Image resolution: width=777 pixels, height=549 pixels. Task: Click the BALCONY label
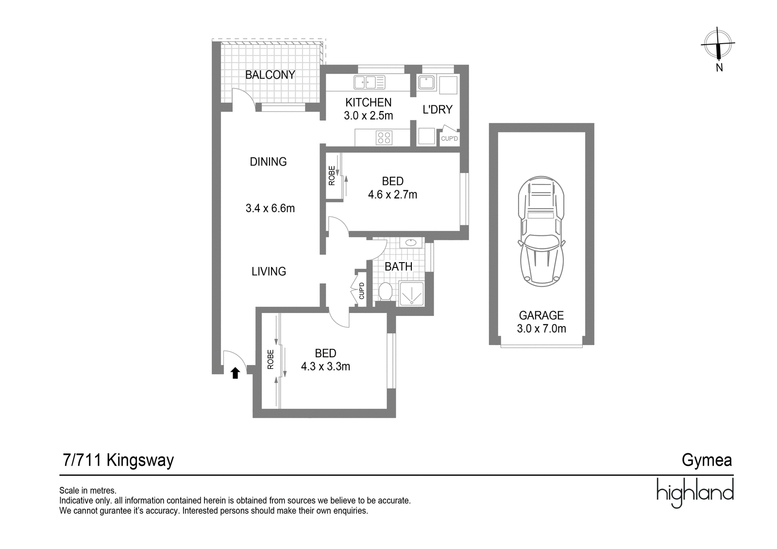tap(270, 75)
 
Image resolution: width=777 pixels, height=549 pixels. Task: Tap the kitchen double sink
tap(370, 83)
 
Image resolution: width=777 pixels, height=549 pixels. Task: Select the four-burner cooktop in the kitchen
tap(384, 137)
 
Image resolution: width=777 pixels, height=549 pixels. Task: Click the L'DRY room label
tap(438, 109)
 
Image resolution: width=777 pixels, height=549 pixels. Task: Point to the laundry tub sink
tap(426, 83)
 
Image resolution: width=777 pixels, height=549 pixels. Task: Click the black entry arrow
tap(235, 373)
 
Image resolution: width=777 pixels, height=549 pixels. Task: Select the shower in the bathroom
tap(411, 294)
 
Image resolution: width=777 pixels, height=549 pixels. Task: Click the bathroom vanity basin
tap(411, 242)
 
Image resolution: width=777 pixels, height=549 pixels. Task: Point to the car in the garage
tap(541, 232)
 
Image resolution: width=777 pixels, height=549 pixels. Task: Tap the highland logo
tap(695, 493)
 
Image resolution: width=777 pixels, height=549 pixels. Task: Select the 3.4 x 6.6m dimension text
tap(270, 208)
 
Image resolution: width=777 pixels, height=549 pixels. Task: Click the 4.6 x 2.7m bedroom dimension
tap(393, 195)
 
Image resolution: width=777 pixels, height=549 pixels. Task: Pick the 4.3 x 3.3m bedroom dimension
tap(325, 366)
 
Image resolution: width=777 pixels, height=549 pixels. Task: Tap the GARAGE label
tap(541, 315)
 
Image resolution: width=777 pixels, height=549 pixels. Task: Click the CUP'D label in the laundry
tap(449, 139)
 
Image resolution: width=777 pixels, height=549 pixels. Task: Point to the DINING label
tap(268, 162)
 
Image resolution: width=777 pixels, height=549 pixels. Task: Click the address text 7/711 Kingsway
tap(118, 461)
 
